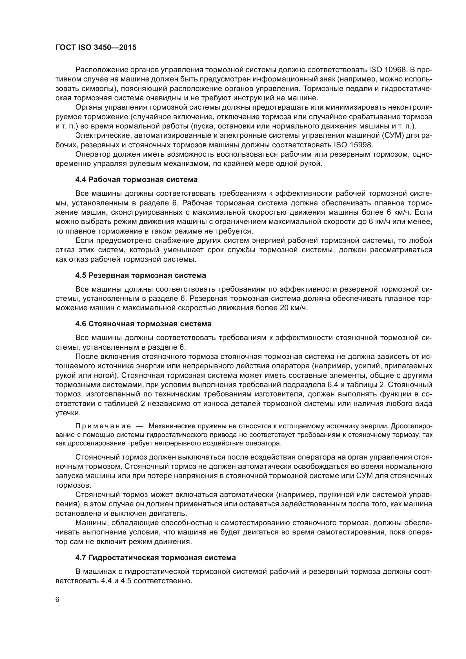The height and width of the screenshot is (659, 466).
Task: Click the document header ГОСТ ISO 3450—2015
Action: point(96,48)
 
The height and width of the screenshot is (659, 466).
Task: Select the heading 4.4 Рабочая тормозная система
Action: point(136,180)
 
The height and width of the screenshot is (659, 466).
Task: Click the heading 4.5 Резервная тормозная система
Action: point(141,275)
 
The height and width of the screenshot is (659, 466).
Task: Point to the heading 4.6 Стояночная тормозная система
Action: point(143,324)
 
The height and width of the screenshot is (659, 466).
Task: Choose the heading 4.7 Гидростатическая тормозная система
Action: point(156,558)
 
